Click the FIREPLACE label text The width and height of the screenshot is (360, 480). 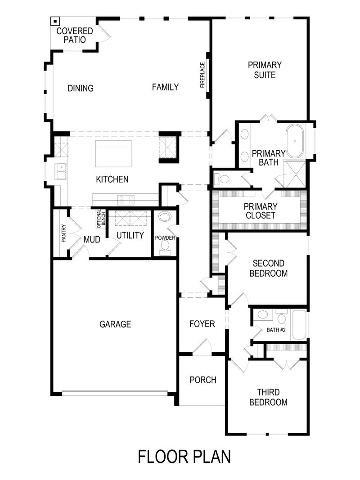202,75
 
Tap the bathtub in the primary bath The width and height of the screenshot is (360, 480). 295,141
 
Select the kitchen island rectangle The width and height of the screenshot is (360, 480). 113,153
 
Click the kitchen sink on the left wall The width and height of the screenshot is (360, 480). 60,171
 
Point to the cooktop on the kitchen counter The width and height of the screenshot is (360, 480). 126,199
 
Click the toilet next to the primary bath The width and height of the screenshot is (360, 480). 222,179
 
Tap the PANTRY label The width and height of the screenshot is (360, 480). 64,233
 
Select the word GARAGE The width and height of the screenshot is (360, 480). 115,324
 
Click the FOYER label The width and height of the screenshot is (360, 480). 202,324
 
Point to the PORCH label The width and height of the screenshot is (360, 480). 202,380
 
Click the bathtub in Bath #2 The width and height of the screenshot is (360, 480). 299,324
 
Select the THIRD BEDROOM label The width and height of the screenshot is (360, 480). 268,397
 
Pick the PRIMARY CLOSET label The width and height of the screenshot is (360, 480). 261,211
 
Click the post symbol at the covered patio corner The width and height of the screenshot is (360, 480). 54,21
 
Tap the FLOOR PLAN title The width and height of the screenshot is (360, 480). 184,456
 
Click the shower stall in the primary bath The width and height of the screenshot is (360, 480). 295,173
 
